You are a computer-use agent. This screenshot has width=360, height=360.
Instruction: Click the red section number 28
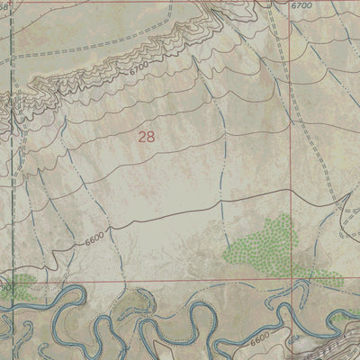pyautogui.click(x=147, y=136)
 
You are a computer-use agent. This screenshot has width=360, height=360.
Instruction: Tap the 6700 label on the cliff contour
pyautogui.click(x=138, y=68)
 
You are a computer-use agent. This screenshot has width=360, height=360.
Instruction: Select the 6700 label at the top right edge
pyautogui.click(x=301, y=5)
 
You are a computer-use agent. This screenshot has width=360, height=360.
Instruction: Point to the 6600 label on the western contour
pyautogui.click(x=95, y=235)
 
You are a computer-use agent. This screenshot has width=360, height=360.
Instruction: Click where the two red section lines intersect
pyautogui.click(x=292, y=282)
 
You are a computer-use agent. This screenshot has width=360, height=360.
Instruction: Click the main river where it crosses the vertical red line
pyautogui.click(x=292, y=310)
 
